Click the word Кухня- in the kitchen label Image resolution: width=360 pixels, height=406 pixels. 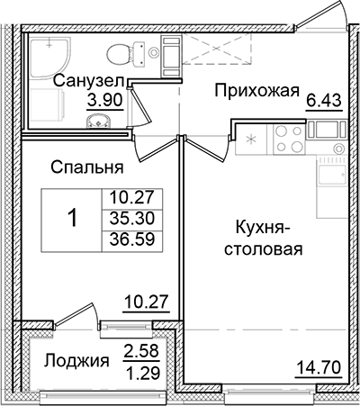pyautogui.click(x=263, y=228)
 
